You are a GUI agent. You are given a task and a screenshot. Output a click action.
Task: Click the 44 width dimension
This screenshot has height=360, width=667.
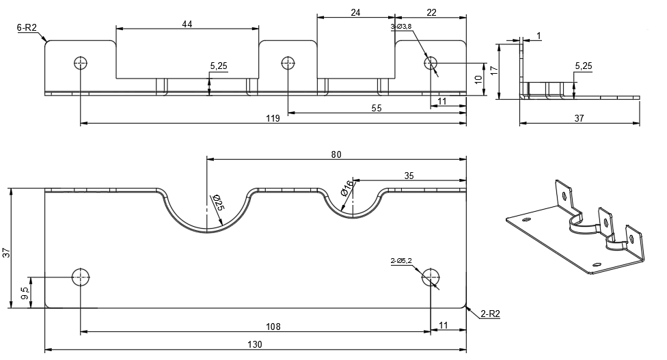coord(187,24)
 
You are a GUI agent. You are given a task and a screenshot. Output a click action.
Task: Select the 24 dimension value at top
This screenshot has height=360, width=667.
coord(355,12)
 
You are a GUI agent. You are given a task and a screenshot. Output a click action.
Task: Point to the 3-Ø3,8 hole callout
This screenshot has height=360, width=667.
coord(401,26)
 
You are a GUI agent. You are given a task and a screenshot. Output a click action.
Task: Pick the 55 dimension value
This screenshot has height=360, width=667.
coord(377,107)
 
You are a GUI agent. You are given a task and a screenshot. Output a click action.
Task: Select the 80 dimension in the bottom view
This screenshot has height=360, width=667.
coord(336,154)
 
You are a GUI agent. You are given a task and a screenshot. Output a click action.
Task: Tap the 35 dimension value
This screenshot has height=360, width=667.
coord(409,176)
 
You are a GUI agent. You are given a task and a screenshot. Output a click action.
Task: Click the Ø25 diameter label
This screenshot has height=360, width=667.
coord(217,203)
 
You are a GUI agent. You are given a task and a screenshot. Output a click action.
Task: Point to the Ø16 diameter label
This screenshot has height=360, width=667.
coord(348,186)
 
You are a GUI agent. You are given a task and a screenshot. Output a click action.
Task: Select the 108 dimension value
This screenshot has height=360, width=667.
coord(273,327)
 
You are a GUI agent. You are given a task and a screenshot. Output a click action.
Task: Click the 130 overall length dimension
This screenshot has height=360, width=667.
coord(256,345)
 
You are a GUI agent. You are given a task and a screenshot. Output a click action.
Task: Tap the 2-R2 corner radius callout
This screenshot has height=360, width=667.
coord(490,314)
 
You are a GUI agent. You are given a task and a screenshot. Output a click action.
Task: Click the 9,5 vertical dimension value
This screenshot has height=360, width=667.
coord(24,292)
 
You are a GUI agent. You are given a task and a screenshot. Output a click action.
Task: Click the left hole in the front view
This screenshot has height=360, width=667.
coord(81,64)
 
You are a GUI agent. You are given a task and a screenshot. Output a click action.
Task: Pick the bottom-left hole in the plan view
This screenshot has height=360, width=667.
coord(81,277)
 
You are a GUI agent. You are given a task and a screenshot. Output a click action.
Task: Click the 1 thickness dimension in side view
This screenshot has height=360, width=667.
coord(539,35)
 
